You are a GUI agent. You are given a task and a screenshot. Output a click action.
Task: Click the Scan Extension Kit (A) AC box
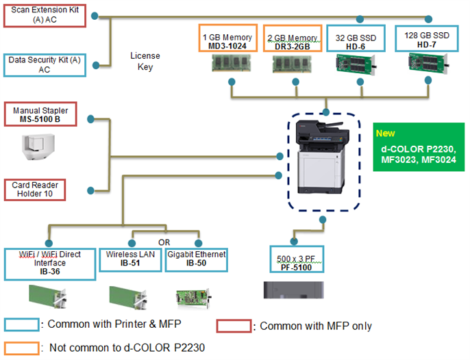(x=45, y=15)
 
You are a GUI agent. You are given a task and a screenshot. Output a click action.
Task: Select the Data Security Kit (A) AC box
(x=45, y=65)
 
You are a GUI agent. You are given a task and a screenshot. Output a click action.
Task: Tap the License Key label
(x=145, y=61)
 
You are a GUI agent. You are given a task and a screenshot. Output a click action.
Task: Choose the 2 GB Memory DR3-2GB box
(x=293, y=40)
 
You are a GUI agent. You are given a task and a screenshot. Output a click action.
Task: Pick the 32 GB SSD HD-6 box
(x=360, y=40)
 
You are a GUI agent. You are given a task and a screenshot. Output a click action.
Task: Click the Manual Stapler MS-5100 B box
(x=45, y=114)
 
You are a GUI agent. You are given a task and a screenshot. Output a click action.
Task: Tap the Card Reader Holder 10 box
(x=45, y=190)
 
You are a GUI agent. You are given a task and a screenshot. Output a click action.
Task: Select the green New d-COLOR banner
(x=419, y=146)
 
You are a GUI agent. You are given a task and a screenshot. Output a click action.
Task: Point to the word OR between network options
(x=164, y=242)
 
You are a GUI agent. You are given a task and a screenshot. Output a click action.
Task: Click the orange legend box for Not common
(x=21, y=347)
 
